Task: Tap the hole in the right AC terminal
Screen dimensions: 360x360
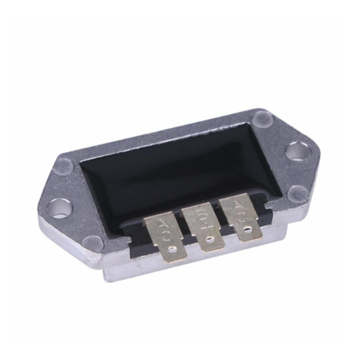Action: pos(247,228)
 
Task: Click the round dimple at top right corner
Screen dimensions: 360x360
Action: pos(263,118)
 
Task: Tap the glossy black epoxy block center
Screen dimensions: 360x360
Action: pos(180,173)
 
